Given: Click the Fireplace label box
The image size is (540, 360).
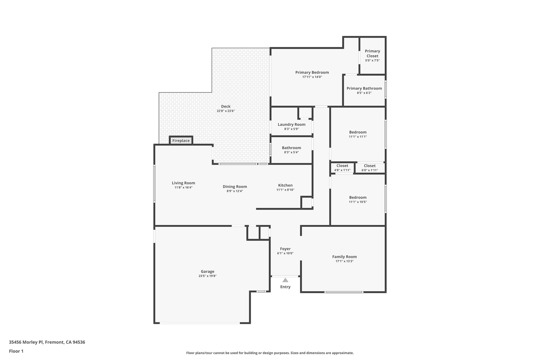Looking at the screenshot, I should (181, 141).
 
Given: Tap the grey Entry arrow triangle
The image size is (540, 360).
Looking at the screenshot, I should (285, 280).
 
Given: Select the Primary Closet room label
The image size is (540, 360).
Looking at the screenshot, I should (372, 54).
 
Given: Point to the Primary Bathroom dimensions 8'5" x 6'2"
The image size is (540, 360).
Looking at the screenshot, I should (364, 93).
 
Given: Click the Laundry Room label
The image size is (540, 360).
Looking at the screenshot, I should (291, 124).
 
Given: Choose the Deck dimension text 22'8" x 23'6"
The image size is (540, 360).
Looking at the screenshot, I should (226, 111).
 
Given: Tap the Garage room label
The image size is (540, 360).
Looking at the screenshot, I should (208, 271).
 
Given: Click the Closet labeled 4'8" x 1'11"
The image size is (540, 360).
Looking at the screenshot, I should (342, 168).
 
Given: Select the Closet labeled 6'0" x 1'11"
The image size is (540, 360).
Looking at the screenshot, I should (369, 168).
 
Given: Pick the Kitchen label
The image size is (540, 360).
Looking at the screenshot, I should (285, 185).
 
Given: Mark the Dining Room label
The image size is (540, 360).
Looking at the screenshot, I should (235, 187).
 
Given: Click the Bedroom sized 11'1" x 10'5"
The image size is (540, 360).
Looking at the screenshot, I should (358, 199).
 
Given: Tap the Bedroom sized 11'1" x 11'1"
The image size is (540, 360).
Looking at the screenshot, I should (358, 134).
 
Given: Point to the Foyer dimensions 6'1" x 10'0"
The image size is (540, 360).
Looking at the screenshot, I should (285, 253).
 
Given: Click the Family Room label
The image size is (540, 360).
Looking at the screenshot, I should (344, 257).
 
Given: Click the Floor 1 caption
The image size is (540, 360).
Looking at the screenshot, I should (16, 351).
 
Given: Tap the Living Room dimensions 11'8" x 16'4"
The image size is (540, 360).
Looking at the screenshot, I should (184, 188).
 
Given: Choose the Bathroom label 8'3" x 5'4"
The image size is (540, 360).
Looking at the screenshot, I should (291, 150).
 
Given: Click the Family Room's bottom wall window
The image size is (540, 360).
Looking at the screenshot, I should (344, 292).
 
